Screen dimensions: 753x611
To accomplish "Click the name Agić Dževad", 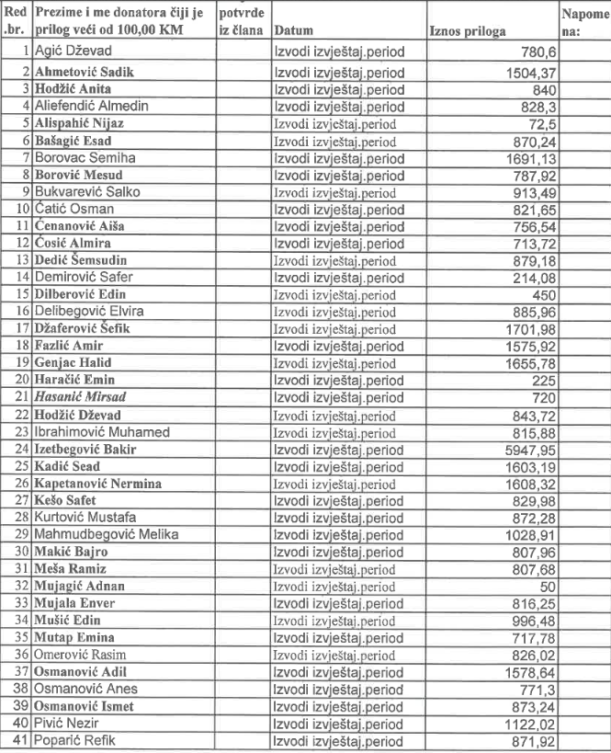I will pyautogui.click(x=75, y=53).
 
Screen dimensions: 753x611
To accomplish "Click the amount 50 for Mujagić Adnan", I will pyautogui.click(x=543, y=586).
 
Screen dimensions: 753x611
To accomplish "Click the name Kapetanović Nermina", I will pyautogui.click(x=97, y=483).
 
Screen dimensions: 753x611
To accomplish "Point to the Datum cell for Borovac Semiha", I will pyautogui.click(x=338, y=157).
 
